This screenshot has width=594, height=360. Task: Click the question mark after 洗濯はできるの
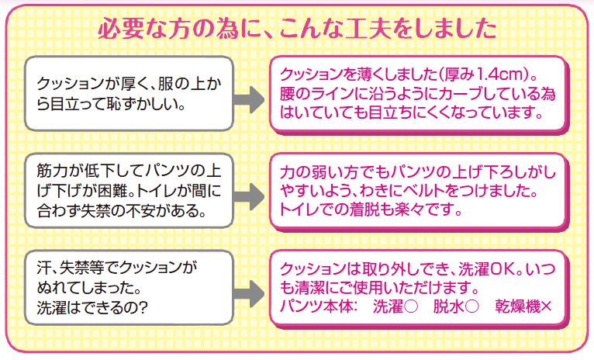coord(147,307)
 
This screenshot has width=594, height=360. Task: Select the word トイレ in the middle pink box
coord(299,209)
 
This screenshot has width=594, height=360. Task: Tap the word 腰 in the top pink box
coord(288,95)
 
